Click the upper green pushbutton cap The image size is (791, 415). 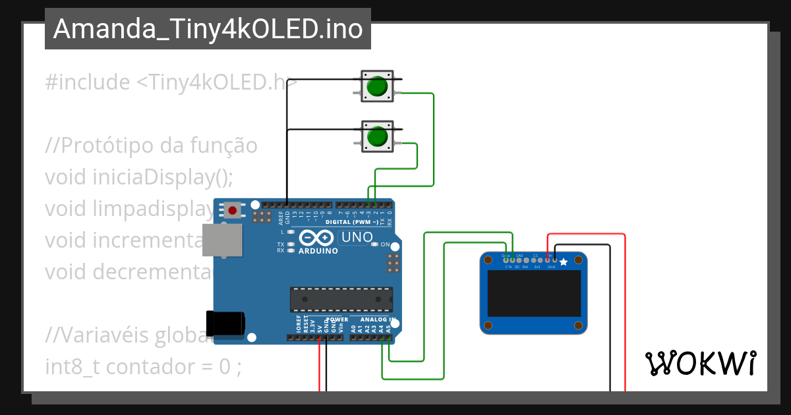(x=377, y=86)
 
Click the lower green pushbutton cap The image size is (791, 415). (x=377, y=137)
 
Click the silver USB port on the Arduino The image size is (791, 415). (x=221, y=240)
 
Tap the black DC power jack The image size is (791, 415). (x=225, y=323)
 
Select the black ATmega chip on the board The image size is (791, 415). (x=341, y=299)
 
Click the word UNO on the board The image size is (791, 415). (x=355, y=237)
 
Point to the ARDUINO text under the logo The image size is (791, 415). (x=318, y=251)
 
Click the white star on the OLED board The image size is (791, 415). (x=564, y=262)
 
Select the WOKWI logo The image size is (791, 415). (x=700, y=363)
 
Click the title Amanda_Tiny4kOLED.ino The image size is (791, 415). (x=208, y=29)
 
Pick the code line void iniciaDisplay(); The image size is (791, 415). (x=139, y=177)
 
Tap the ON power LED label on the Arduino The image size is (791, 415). (x=385, y=244)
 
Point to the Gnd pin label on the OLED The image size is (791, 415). (x=551, y=267)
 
